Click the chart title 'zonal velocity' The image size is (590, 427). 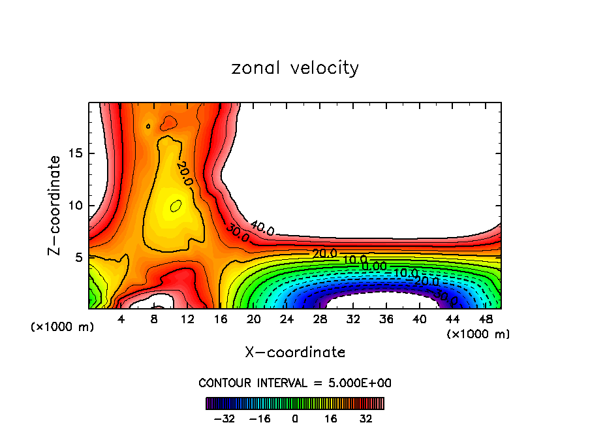(x=295, y=68)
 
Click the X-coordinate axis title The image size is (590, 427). (x=295, y=353)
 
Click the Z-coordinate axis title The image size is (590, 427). (x=55, y=205)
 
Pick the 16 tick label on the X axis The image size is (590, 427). (x=220, y=319)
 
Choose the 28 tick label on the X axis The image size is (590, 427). (x=320, y=319)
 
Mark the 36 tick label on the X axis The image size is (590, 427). (x=386, y=319)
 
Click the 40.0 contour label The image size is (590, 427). (x=262, y=228)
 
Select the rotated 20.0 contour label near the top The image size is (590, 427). (x=185, y=174)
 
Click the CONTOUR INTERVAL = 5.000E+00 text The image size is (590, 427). (x=295, y=383)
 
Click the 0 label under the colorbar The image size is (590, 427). (x=295, y=418)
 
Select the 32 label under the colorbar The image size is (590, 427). (x=366, y=418)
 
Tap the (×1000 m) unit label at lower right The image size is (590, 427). (x=478, y=334)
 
